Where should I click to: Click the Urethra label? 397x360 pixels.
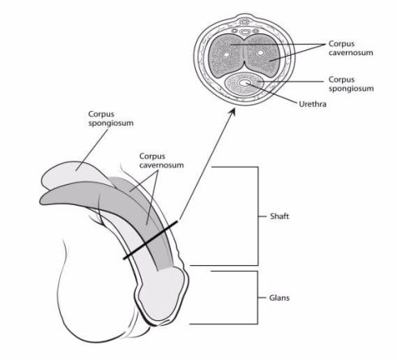tap(313, 104)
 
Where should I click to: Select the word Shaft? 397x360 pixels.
tap(280, 216)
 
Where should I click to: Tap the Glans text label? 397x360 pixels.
tap(280, 298)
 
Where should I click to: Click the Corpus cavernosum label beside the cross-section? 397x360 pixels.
tap(351, 48)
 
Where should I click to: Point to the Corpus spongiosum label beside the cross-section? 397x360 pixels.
tap(351, 84)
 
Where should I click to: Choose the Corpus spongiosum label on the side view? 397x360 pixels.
tap(111, 118)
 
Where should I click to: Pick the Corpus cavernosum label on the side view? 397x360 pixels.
tap(161, 161)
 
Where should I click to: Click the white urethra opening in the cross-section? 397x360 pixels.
tap(244, 83)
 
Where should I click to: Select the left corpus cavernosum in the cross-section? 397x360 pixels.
tap(226, 55)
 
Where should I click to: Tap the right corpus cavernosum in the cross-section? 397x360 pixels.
tap(262, 55)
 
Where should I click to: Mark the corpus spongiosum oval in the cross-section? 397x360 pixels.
tap(244, 84)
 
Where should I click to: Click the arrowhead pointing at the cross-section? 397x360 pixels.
tap(232, 114)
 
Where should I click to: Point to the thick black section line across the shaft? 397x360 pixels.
tap(151, 240)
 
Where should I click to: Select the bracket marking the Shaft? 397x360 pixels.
tap(258, 216)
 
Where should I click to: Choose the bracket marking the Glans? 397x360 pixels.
tap(258, 298)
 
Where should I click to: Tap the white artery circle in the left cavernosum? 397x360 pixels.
tap(226, 54)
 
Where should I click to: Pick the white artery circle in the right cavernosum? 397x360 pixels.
tap(260, 53)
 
